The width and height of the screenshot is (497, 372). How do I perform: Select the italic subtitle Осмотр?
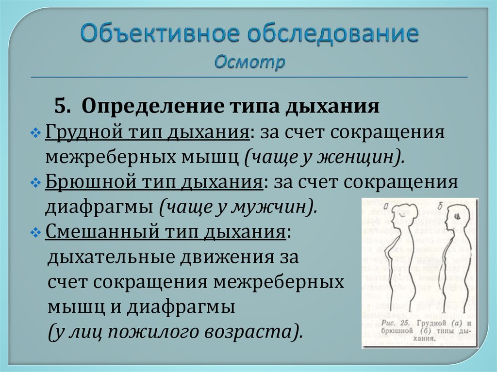[x=249, y=63]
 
